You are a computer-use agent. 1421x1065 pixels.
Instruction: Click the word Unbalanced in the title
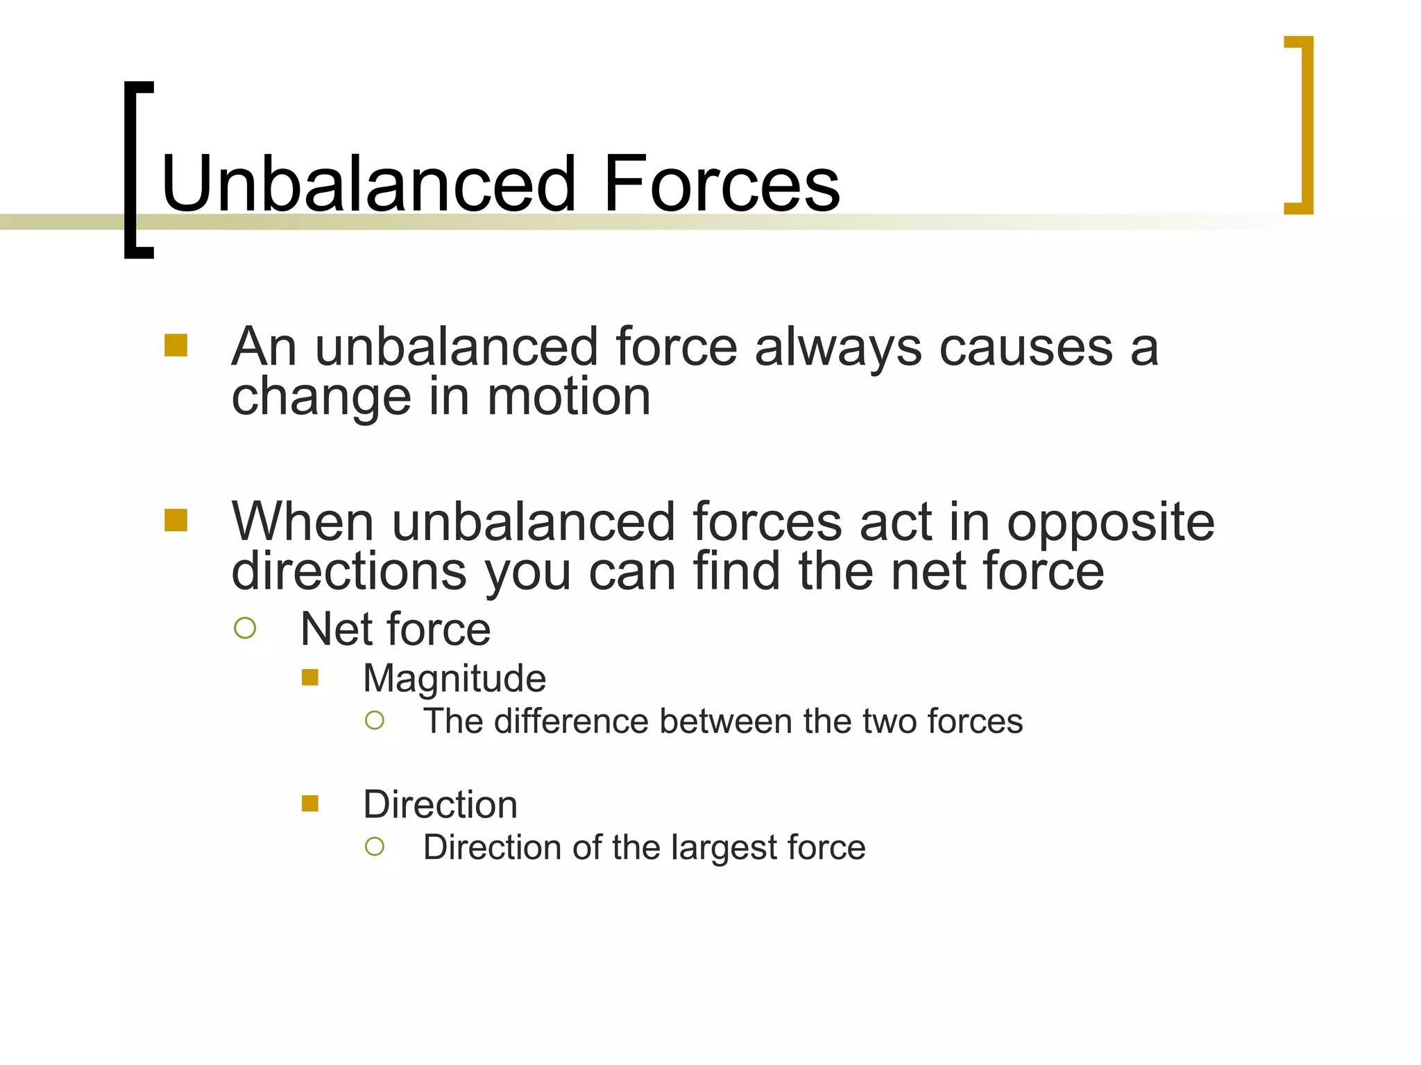(x=368, y=184)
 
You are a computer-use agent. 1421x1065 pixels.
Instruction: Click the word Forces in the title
(x=722, y=184)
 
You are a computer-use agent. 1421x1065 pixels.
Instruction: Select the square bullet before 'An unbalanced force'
(x=176, y=345)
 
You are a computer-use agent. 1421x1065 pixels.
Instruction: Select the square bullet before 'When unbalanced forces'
(x=176, y=520)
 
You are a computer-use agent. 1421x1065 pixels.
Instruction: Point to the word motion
(x=568, y=397)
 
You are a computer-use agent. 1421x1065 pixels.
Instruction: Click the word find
(x=736, y=571)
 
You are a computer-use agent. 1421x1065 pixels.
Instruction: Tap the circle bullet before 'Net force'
(x=245, y=628)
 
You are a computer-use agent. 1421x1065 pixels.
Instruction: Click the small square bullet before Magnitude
(x=309, y=677)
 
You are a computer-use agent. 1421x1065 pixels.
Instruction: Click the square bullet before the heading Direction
(x=309, y=804)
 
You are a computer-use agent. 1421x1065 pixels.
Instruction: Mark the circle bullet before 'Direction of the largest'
(x=375, y=847)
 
